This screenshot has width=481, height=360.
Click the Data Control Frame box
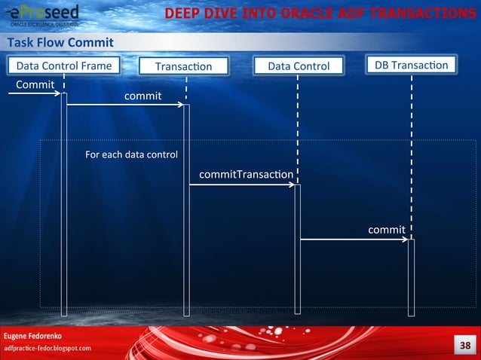point(64,66)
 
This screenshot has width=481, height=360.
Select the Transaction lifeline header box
point(184,67)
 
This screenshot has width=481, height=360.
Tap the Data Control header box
point(299,66)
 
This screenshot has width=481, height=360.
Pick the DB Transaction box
point(411,66)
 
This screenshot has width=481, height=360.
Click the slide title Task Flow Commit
point(60,42)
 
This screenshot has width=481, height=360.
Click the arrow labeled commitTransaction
point(241,185)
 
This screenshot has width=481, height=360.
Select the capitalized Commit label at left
point(35,84)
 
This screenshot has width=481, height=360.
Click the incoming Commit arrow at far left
point(35,93)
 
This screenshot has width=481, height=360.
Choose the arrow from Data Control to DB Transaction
point(354,239)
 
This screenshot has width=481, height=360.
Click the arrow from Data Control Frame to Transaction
point(125,105)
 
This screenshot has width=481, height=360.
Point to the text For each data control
point(131,155)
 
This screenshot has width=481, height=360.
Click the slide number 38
point(463,345)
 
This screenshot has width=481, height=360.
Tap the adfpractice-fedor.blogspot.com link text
point(47,349)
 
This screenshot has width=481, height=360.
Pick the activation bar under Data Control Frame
point(64,203)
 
